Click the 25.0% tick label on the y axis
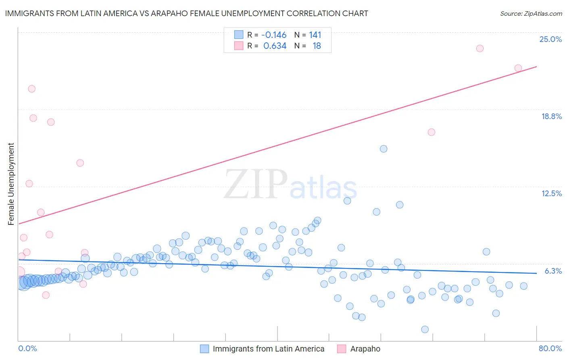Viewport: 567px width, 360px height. coord(550,39)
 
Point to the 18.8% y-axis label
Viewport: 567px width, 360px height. coord(551,116)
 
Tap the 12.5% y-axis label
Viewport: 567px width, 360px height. coord(551,193)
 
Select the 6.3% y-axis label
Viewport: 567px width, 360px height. coord(553,271)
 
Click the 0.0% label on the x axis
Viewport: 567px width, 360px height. coord(27,348)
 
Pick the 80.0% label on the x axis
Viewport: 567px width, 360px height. coord(550,348)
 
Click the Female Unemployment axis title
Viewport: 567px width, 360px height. coord(11,184)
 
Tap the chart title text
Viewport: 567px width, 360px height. coord(186,13)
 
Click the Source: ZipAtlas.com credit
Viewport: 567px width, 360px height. coord(531,13)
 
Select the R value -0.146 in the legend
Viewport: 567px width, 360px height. coord(274,35)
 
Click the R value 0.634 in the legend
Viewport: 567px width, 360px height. coord(275,46)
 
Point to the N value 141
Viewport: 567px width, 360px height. coord(315,35)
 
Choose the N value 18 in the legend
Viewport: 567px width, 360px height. coord(317,46)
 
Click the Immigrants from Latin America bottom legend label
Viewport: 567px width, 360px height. coord(268,349)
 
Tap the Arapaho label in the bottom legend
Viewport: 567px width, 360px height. coord(365,349)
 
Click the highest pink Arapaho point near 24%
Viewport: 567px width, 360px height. coord(479,48)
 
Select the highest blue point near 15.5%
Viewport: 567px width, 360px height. coord(384,149)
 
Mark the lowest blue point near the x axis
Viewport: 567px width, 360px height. coord(425,329)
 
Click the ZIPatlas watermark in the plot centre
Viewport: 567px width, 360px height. coord(290,185)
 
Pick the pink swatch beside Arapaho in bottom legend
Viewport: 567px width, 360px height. coord(342,349)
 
